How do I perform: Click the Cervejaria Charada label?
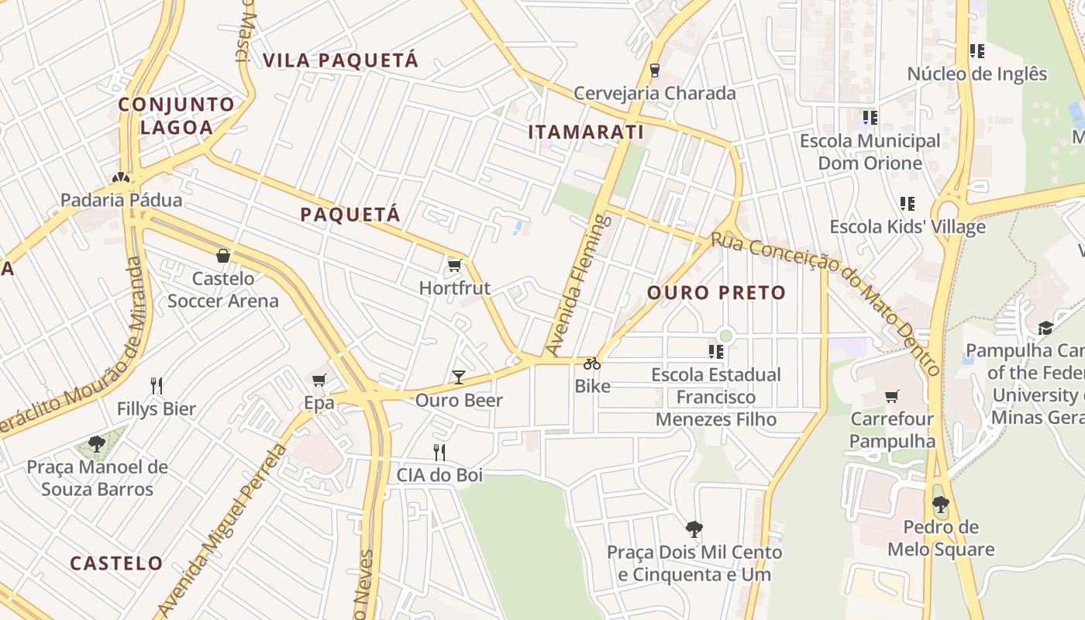[x=654, y=93]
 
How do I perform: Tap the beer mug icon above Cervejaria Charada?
[x=655, y=71]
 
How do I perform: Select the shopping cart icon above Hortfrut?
[x=455, y=266]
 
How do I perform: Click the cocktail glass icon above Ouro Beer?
[x=459, y=377]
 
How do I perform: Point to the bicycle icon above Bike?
[x=592, y=363]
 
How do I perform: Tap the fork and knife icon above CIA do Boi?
[x=439, y=452]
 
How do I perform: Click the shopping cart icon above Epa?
[x=319, y=380]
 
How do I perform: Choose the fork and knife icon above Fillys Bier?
[x=157, y=385]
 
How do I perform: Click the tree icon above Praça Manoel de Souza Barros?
[x=97, y=444]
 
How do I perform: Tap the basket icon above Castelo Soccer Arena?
[x=223, y=255]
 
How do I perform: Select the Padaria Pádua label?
[x=122, y=200]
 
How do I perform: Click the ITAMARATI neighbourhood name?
[x=586, y=133]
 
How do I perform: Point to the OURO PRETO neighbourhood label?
[x=716, y=293]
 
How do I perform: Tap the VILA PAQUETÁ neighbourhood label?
[x=340, y=60]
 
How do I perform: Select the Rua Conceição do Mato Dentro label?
[x=825, y=301]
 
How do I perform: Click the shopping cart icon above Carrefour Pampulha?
[x=892, y=396]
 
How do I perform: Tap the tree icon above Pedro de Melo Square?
[x=941, y=505]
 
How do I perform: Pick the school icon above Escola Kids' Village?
[x=908, y=204]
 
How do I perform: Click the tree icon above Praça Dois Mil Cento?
[x=694, y=529]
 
